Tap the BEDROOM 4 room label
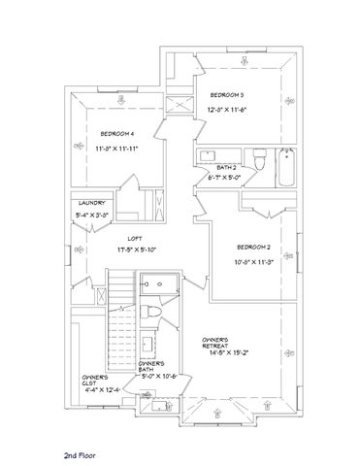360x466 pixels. (x=117, y=133)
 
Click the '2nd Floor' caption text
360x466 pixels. (x=83, y=453)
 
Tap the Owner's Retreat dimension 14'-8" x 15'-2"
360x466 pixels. (x=220, y=355)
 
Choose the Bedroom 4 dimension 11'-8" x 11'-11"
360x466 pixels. (x=117, y=149)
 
